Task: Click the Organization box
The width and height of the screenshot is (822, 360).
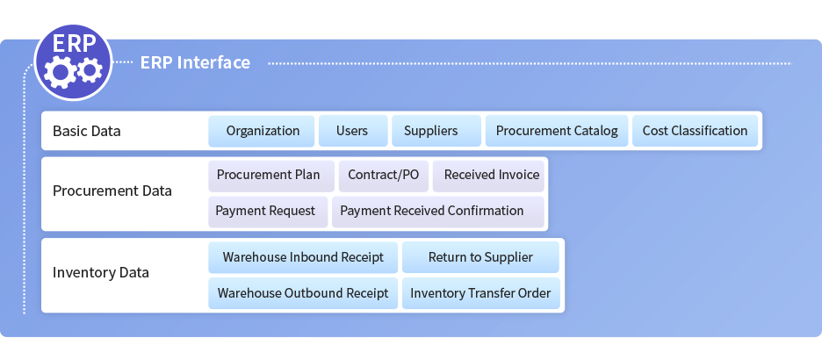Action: click(x=262, y=131)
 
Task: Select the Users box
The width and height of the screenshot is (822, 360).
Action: click(x=353, y=131)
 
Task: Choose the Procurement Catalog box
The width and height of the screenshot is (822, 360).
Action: click(x=557, y=131)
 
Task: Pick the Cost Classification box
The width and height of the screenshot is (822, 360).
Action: click(x=696, y=131)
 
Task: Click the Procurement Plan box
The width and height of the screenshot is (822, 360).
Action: click(x=271, y=176)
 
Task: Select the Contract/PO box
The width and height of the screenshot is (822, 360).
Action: click(x=383, y=176)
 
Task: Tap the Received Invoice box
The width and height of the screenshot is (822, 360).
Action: click(x=488, y=176)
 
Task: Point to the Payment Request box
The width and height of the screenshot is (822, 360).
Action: click(x=268, y=212)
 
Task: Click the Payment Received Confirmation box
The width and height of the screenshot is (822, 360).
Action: click(x=438, y=212)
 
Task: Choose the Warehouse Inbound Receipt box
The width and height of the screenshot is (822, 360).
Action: click(x=303, y=257)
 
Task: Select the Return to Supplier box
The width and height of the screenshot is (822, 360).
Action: click(x=480, y=257)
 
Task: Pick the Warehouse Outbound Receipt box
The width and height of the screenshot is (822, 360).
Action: click(x=303, y=293)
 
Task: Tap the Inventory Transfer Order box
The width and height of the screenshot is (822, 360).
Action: click(x=480, y=293)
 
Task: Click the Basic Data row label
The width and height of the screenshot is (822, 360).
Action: click(x=86, y=131)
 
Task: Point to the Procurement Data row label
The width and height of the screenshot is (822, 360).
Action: click(x=112, y=191)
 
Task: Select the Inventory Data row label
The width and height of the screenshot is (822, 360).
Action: click(x=101, y=272)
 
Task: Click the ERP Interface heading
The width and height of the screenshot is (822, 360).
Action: click(x=195, y=62)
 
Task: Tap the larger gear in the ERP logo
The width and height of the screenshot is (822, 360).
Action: click(x=61, y=72)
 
